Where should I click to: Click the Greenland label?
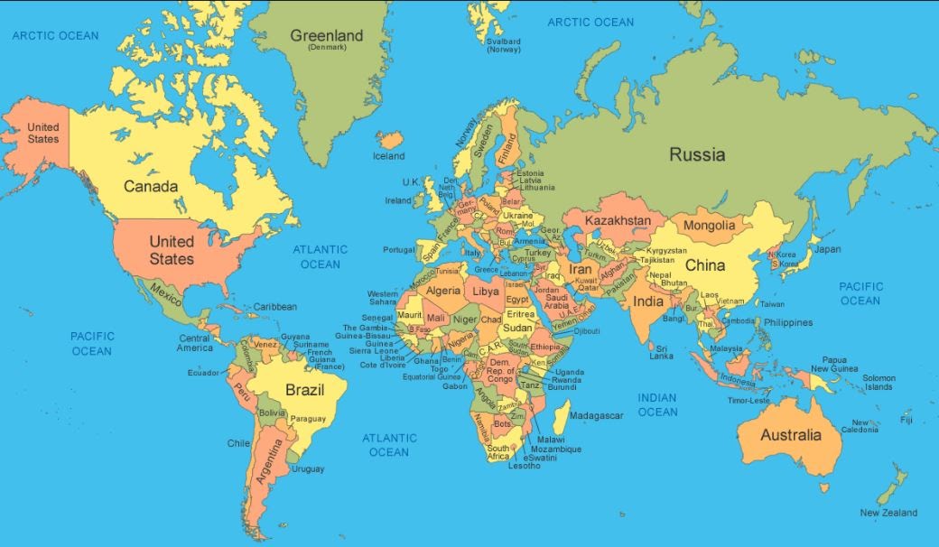pyautogui.click(x=326, y=36)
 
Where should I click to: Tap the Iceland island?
pyautogui.click(x=391, y=140)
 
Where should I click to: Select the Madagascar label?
pyautogui.click(x=596, y=415)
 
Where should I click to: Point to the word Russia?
pyautogui.click(x=697, y=154)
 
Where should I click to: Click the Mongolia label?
pyautogui.click(x=709, y=225)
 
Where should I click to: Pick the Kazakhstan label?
pyautogui.click(x=618, y=220)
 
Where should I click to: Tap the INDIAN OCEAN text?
pyautogui.click(x=657, y=404)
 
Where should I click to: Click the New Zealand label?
pyautogui.click(x=888, y=513)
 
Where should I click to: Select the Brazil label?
pyautogui.click(x=304, y=390)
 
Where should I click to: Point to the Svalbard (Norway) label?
pyautogui.click(x=504, y=45)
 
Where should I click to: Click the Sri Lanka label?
pyautogui.click(x=662, y=352)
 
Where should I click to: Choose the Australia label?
pyautogui.click(x=791, y=435)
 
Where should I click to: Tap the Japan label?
pyautogui.click(x=827, y=249)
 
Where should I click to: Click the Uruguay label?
pyautogui.click(x=308, y=468)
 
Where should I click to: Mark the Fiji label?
pyautogui.click(x=906, y=420)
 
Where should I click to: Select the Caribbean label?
pyautogui.click(x=274, y=307)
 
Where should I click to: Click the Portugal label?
pyautogui.click(x=398, y=250)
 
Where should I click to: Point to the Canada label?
pyautogui.click(x=150, y=186)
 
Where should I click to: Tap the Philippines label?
pyautogui.click(x=787, y=322)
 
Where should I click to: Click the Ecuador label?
pyautogui.click(x=203, y=372)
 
